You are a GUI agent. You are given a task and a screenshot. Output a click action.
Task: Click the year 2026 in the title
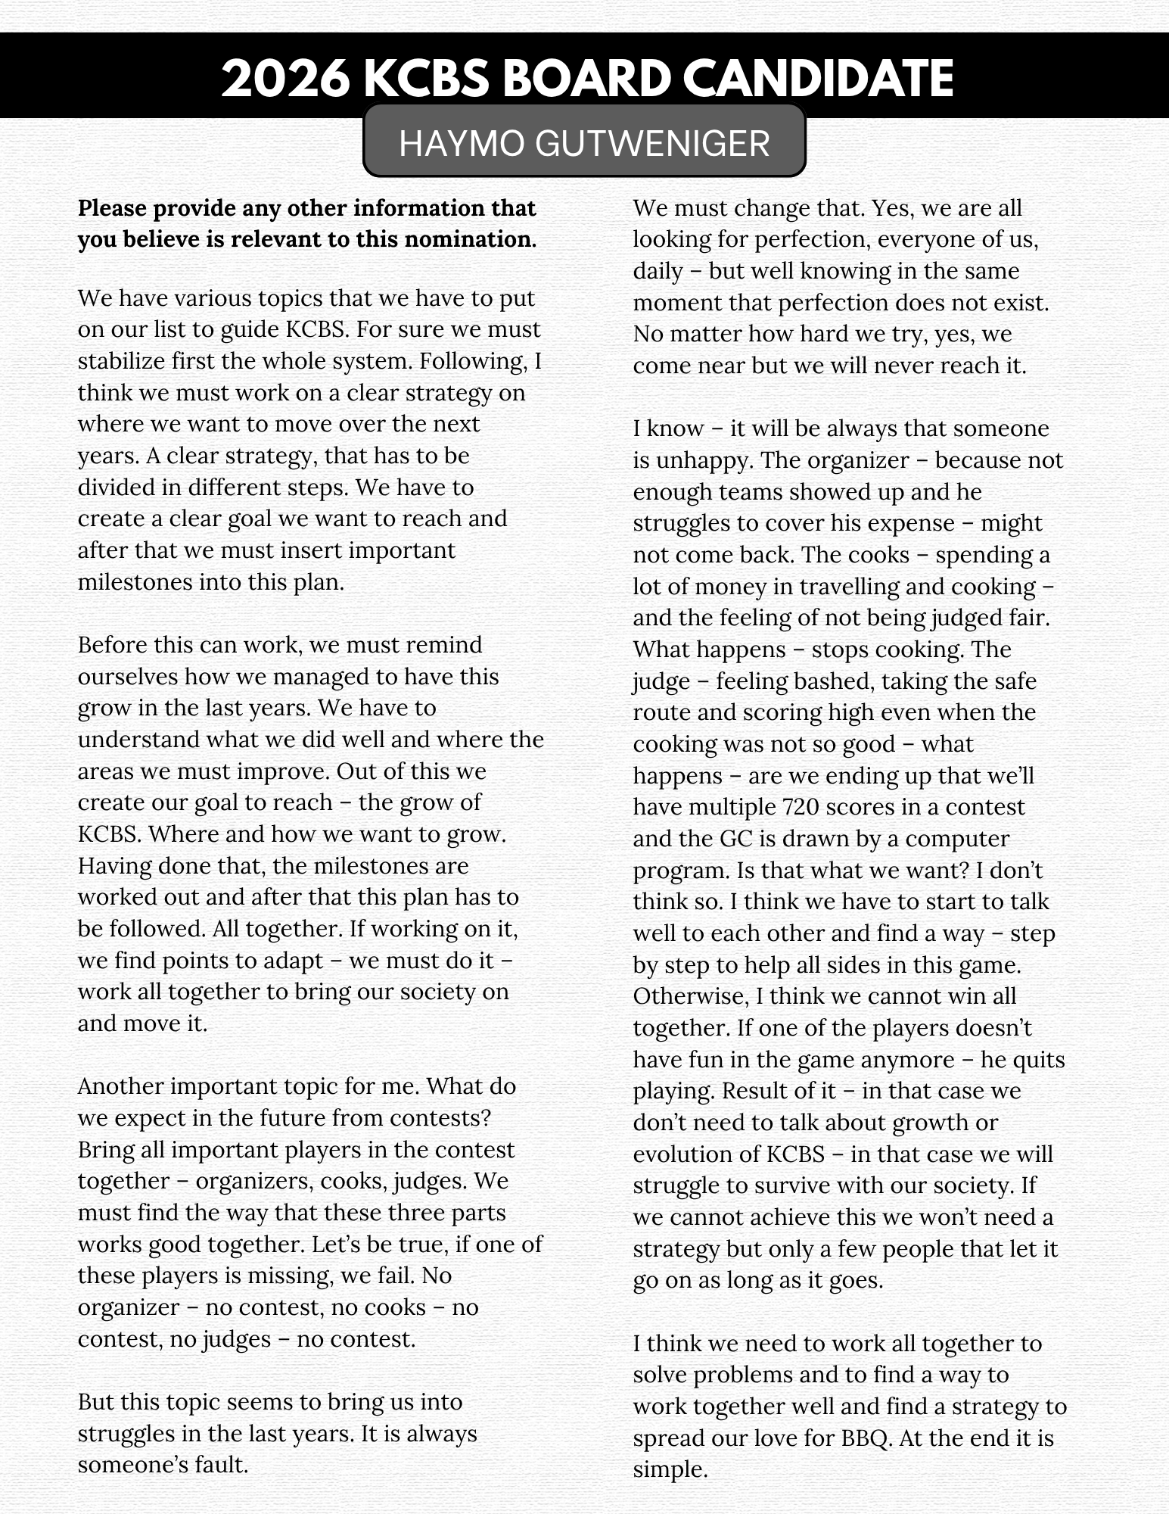285,79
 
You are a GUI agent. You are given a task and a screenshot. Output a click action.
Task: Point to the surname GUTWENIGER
652,143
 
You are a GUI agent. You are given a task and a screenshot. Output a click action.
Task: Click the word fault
223,1466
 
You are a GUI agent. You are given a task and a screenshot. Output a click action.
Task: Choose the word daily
658,271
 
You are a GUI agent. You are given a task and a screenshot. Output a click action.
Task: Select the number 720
801,807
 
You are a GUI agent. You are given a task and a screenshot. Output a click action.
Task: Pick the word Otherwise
690,996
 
